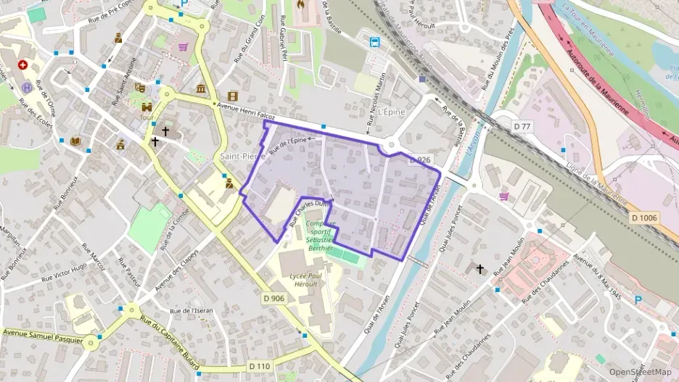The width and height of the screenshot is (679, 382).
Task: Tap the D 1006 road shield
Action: coord(643,217)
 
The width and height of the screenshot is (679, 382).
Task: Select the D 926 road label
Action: coord(420,159)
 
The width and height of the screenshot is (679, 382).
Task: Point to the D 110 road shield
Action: coord(259,367)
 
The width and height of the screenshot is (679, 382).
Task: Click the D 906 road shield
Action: coord(274,297)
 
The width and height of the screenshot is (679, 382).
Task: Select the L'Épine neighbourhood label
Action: coord(390,112)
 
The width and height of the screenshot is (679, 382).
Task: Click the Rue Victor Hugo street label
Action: coord(63,276)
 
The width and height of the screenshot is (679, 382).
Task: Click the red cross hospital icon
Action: coord(22,65)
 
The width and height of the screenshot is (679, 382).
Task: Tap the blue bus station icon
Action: coord(375,42)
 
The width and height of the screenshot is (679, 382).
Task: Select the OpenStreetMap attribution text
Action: coord(640,372)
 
